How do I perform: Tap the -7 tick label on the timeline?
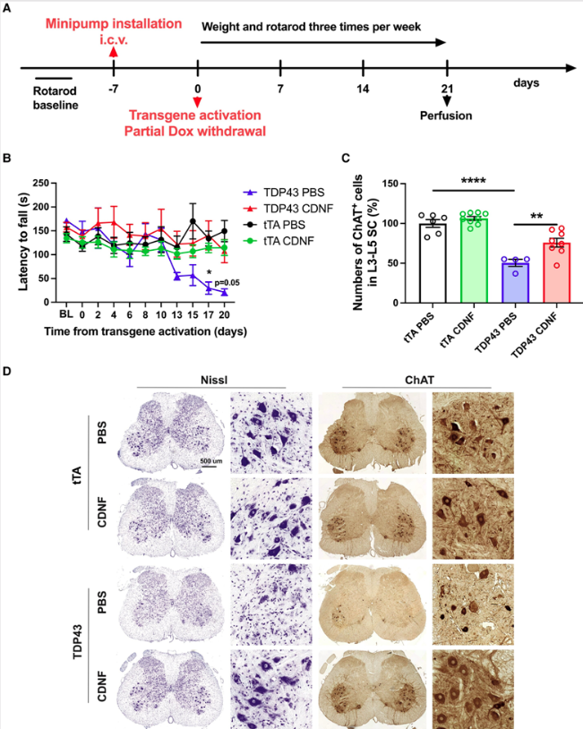coord(113,90)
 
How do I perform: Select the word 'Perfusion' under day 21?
coord(447,116)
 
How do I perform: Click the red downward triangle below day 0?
coord(197,102)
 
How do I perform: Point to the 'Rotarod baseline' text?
coord(50,99)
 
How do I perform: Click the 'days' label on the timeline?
coord(527,83)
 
